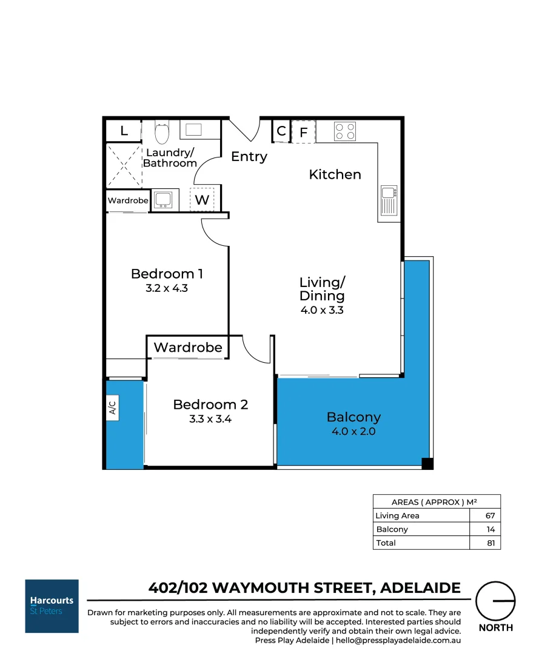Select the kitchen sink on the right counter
tap(389, 200)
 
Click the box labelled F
tap(304, 131)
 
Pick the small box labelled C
tap(281, 131)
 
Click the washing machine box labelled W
tap(201, 199)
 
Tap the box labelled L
tap(124, 131)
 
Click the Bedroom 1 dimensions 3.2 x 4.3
tap(167, 288)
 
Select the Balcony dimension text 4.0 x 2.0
tap(353, 432)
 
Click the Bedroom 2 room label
tap(210, 405)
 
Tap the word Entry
tap(249, 157)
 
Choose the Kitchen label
tap(335, 174)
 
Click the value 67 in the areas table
tap(490, 516)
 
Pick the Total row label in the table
tap(386, 543)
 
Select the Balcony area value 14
tap(490, 529)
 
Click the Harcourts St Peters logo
tap(52, 606)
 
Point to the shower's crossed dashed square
tap(124, 165)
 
